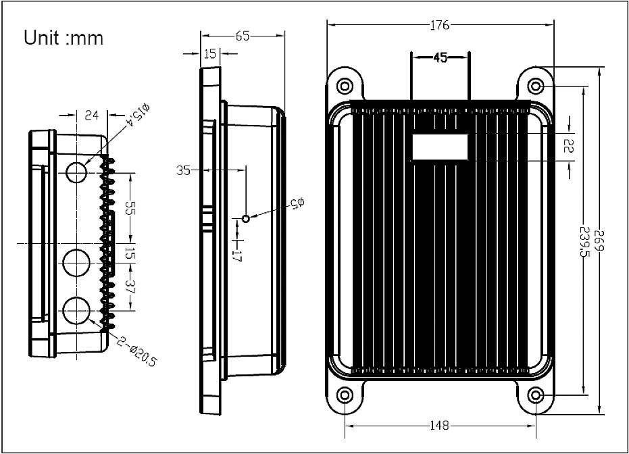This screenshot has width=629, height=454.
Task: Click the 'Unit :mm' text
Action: point(64,38)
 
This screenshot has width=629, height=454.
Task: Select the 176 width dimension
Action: point(441,26)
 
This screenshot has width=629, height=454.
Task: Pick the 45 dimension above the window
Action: point(440,58)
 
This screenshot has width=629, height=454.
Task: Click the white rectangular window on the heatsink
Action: point(440,147)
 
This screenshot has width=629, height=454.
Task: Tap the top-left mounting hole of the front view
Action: point(345,86)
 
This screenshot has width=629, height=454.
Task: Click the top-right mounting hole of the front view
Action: point(535,86)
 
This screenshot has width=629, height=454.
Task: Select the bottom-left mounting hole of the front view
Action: point(345,395)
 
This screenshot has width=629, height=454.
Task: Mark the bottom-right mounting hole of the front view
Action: point(535,395)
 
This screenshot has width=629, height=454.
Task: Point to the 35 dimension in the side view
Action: point(184,170)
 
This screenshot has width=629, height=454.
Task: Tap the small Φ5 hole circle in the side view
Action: point(246,218)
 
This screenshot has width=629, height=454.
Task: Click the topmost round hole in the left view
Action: point(77,172)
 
